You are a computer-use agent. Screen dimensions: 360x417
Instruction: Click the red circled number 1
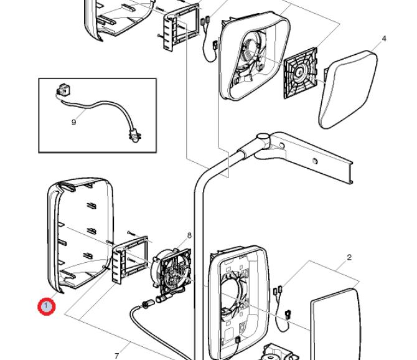coord(45,306)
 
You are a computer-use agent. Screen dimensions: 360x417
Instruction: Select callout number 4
coord(384,39)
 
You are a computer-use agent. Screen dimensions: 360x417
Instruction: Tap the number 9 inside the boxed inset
coord(73,122)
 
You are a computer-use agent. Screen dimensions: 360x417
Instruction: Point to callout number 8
coord(189,235)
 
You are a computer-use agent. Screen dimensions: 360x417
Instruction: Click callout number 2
coord(349,257)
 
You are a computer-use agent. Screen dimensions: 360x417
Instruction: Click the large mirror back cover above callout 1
coord(78,237)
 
